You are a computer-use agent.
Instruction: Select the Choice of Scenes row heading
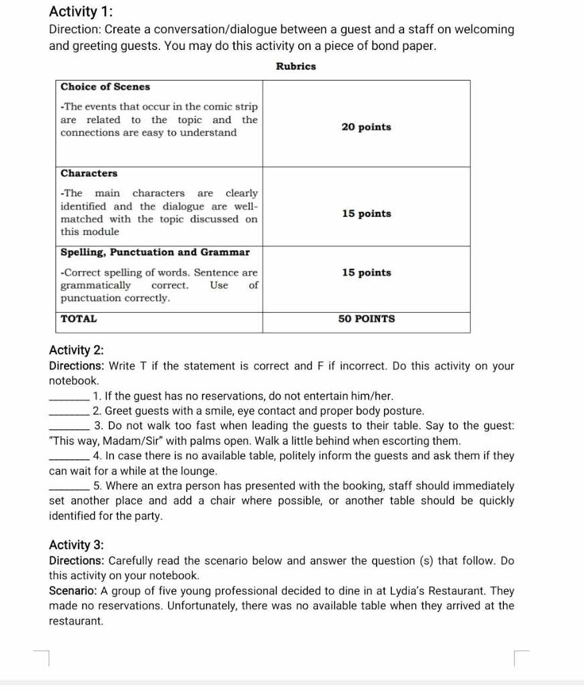pyautogui.click(x=105, y=87)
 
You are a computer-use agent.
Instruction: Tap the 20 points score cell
pyautogui.click(x=366, y=126)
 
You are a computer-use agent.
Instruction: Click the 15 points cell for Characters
pyautogui.click(x=366, y=214)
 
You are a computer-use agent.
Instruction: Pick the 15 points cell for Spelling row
pyautogui.click(x=366, y=272)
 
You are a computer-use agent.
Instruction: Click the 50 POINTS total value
pyautogui.click(x=366, y=319)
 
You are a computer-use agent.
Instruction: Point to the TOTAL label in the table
pyautogui.click(x=79, y=319)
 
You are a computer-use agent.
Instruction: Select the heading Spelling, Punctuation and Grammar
pyautogui.click(x=155, y=252)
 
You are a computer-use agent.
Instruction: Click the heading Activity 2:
pyautogui.click(x=76, y=351)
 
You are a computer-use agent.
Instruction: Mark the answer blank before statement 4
pyautogui.click(x=69, y=456)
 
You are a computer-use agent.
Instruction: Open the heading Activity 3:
pyautogui.click(x=76, y=545)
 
